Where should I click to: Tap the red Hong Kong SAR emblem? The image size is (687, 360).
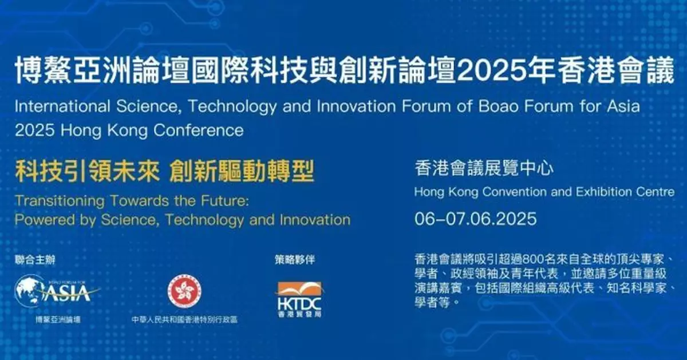click(184, 290)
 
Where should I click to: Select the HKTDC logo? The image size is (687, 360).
click(299, 295)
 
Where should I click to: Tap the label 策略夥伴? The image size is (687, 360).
click(295, 259)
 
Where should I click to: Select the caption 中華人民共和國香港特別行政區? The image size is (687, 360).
click(184, 319)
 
